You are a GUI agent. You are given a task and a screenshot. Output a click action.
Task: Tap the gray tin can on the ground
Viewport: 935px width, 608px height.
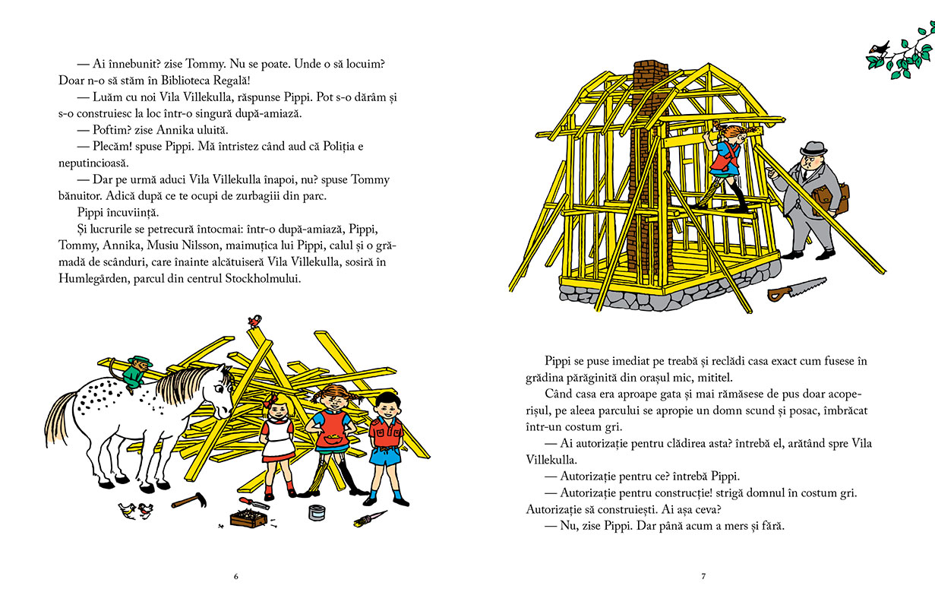317,511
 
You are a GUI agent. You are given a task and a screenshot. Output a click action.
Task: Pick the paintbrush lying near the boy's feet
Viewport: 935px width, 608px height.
371,520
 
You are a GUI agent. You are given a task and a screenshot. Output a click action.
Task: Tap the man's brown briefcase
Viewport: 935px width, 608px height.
831,199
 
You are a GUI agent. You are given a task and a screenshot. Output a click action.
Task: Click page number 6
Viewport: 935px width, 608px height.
235,576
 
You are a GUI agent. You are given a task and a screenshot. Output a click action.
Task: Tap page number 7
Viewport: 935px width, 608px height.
703,576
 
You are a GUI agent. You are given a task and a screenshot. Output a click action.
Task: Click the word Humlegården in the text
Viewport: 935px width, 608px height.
94,278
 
